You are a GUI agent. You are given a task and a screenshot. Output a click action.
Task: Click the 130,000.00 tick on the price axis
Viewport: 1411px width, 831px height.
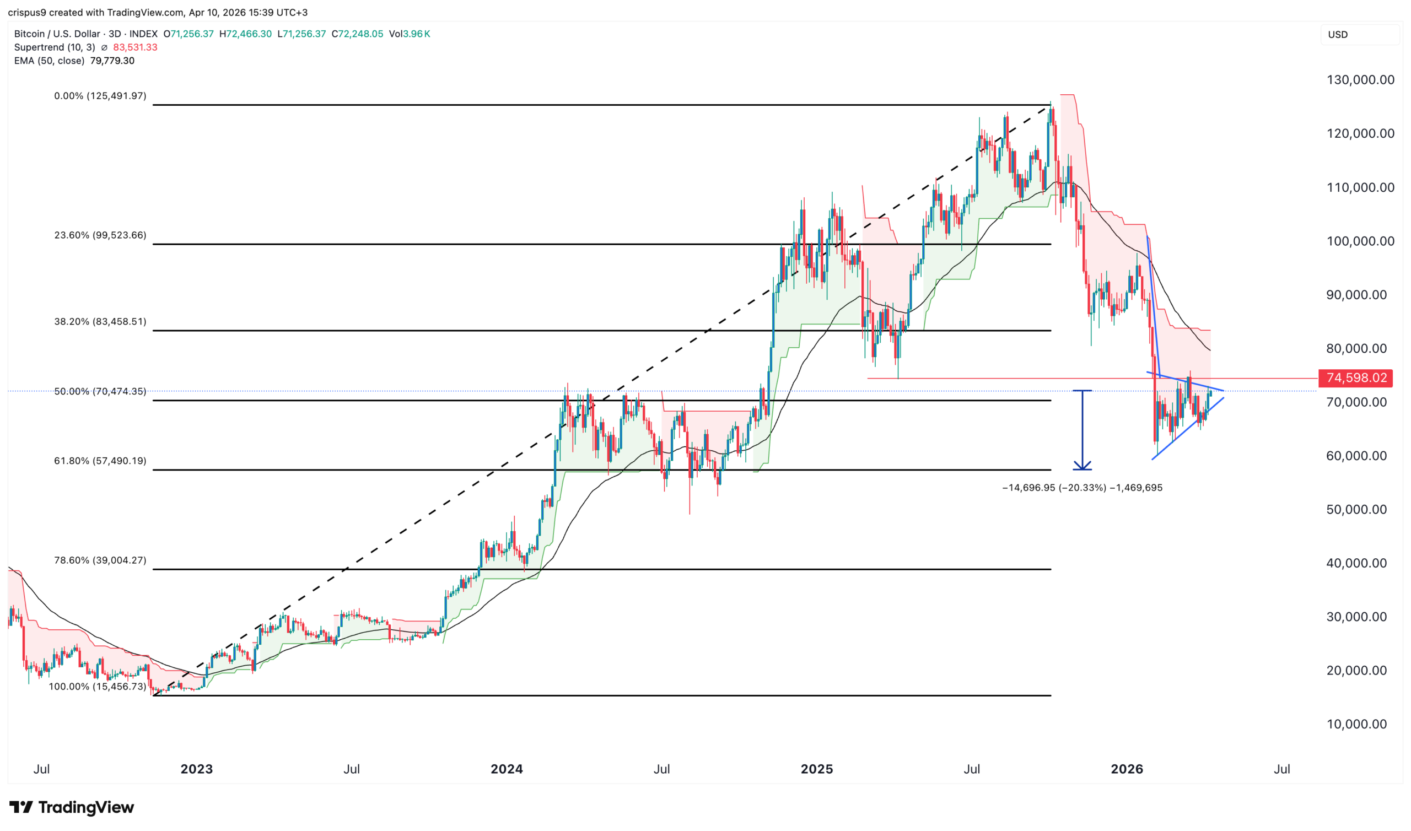click(1360, 80)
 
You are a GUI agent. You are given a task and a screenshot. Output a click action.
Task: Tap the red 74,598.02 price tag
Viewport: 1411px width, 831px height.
click(1355, 378)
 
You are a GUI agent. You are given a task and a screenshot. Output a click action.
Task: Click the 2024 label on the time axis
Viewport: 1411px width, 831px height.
click(506, 769)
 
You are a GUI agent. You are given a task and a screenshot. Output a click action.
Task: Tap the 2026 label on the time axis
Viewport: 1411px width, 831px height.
click(1127, 769)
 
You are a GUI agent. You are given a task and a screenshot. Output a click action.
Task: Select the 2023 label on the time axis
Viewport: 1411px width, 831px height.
click(197, 769)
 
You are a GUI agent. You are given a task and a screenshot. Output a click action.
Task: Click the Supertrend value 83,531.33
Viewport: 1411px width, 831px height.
click(135, 47)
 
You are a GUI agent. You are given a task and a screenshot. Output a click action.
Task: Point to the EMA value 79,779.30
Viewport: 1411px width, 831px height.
click(112, 61)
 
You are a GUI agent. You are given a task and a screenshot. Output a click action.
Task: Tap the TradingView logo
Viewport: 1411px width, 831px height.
click(72, 807)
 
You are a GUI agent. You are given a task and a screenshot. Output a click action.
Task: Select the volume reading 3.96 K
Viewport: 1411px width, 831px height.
click(417, 34)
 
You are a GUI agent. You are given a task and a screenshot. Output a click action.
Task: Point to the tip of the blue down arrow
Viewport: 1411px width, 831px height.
click(1083, 470)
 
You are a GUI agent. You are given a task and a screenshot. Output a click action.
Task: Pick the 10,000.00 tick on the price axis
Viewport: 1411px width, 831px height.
click(1360, 724)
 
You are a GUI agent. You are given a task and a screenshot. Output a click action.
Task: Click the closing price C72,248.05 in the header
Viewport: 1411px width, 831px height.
click(357, 34)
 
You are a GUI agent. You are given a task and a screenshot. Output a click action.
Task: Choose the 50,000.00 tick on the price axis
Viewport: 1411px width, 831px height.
click(1360, 510)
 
